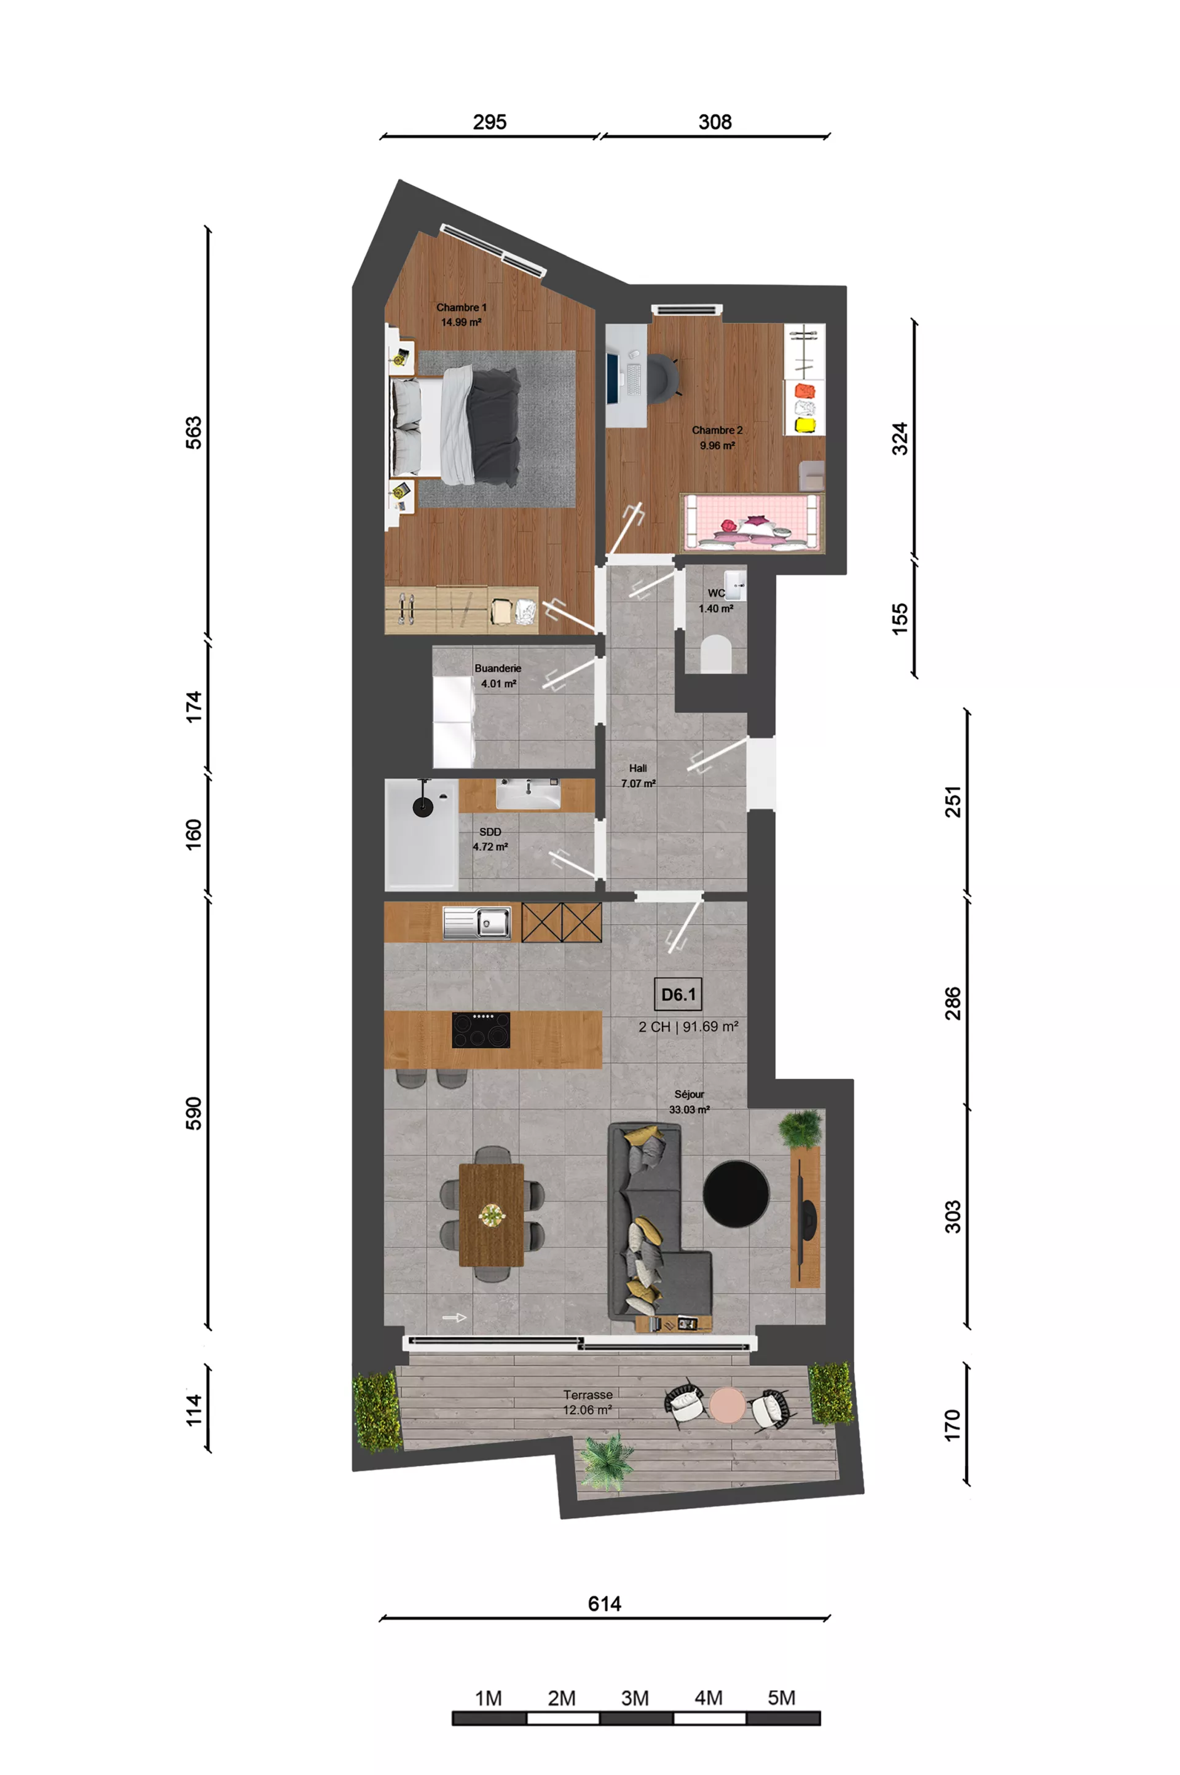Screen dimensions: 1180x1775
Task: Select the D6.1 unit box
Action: click(678, 994)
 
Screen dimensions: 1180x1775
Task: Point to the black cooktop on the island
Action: click(481, 1029)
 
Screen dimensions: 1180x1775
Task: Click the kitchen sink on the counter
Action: click(477, 923)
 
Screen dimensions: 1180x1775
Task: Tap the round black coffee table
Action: click(736, 1194)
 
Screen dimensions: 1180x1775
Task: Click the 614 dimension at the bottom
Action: click(604, 1604)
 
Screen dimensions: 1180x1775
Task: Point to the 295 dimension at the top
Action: click(489, 122)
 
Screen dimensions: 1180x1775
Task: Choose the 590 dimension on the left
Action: click(194, 1113)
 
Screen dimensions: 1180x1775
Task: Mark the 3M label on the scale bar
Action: click(634, 1698)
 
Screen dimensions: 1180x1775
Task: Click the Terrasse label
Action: click(588, 1395)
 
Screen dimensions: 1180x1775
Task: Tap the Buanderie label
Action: click(497, 668)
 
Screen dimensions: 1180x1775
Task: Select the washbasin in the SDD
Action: click(529, 794)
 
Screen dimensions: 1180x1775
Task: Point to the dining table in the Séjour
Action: click(492, 1214)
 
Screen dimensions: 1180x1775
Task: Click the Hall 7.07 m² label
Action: click(638, 776)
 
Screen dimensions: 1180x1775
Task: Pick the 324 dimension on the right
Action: click(899, 439)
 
